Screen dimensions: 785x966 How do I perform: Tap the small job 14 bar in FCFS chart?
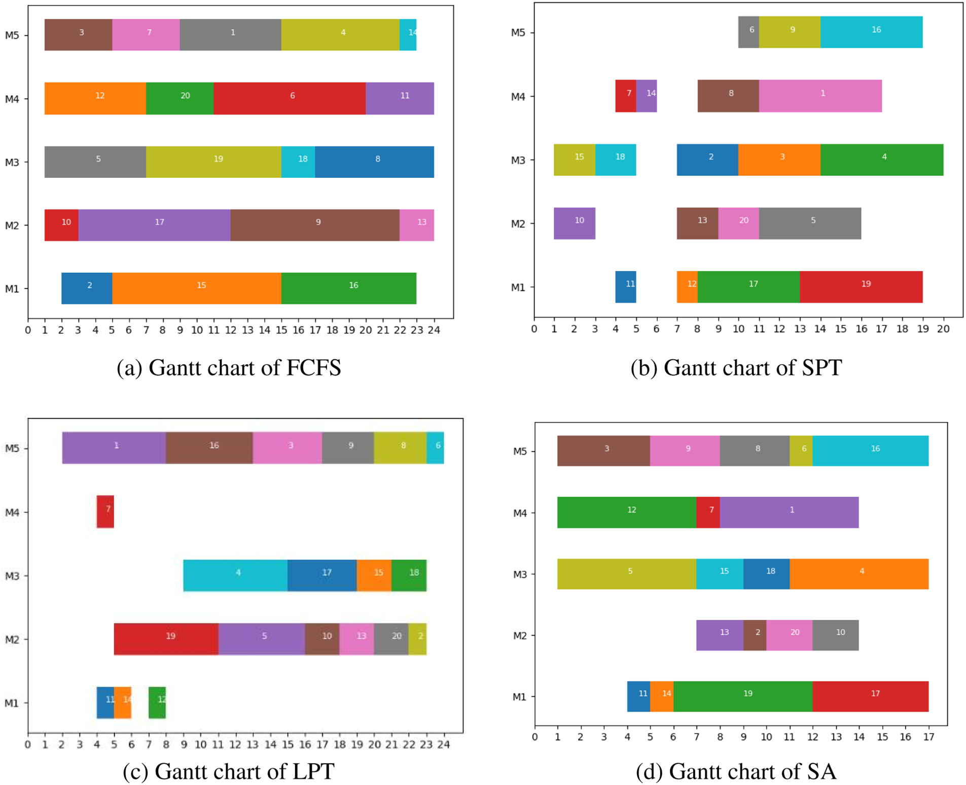pos(408,34)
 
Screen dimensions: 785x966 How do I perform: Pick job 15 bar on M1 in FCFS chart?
pos(196,288)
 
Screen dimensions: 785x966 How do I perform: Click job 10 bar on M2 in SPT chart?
pos(574,223)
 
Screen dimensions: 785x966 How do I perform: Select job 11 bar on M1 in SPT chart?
pos(625,286)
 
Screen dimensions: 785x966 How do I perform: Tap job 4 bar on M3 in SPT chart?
pos(881,159)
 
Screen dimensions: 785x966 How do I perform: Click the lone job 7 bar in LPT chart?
pos(105,511)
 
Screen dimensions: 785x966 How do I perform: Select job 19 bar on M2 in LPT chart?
pos(166,639)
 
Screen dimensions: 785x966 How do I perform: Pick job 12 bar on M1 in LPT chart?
pos(157,702)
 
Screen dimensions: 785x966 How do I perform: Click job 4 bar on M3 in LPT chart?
pos(235,575)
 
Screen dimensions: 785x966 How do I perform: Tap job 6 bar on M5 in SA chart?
pos(801,450)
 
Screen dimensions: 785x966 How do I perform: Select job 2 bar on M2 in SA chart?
pos(755,634)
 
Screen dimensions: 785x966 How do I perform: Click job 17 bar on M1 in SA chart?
pos(870,696)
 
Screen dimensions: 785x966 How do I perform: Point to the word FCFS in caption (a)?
pos(313,367)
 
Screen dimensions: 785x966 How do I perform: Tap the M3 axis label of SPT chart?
pos(518,160)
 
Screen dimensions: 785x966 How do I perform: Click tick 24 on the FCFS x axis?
pos(434,330)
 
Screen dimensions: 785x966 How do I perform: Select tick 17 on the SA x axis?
pos(928,737)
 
